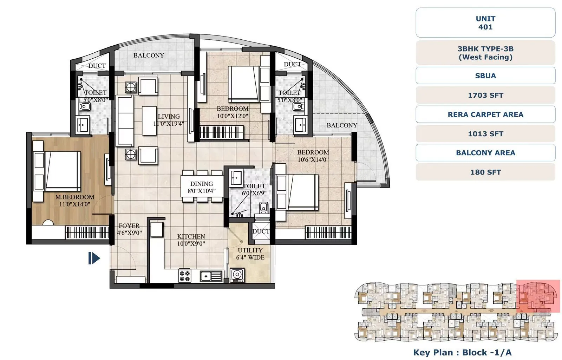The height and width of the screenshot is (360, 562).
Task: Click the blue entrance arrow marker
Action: click(94, 258)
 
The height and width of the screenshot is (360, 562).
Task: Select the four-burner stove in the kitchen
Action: click(185, 276)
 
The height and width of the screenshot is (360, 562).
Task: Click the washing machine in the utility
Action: click(237, 275)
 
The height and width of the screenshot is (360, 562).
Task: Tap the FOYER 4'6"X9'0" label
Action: click(129, 229)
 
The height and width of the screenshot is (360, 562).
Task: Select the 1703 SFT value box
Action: click(485, 95)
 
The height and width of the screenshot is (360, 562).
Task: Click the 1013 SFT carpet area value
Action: click(485, 134)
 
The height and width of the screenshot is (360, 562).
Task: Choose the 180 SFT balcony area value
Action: click(485, 172)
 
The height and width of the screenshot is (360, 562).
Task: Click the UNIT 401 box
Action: click(485, 23)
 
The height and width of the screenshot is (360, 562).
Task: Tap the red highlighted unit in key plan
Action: click(538, 296)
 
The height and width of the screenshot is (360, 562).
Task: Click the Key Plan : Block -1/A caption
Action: click(462, 352)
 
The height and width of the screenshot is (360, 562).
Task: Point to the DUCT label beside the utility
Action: click(261, 231)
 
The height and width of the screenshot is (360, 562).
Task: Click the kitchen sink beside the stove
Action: click(211, 276)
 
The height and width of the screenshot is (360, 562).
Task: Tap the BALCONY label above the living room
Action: click(149, 55)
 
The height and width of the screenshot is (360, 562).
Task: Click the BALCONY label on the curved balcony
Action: click(341, 125)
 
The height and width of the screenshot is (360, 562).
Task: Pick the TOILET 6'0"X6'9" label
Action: click(254, 189)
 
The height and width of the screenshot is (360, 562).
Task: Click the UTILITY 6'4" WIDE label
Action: click(250, 254)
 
